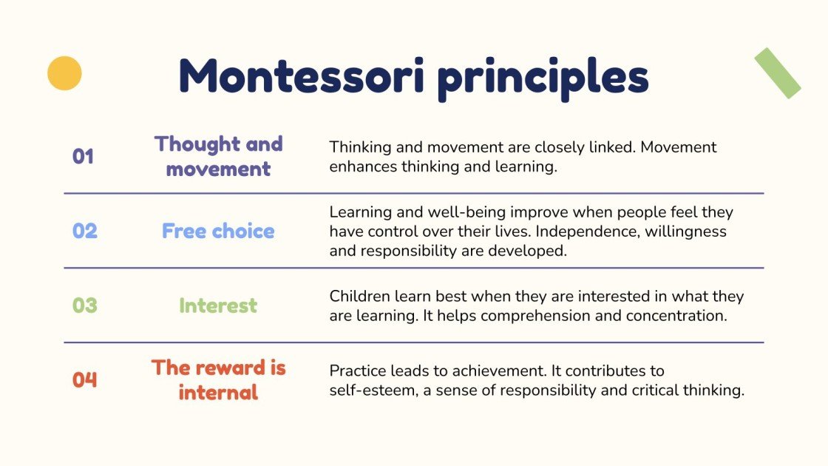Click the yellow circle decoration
[x=64, y=73]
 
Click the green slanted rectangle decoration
[x=777, y=73]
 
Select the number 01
[x=83, y=157]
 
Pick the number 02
[x=84, y=231]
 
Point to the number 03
[x=84, y=305]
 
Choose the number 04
[x=84, y=380]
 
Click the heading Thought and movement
[x=219, y=156]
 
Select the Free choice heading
[x=218, y=231]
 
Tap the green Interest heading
[x=218, y=305]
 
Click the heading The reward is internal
[x=219, y=379]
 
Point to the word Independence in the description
[x=564, y=232]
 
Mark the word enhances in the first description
[x=363, y=166]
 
